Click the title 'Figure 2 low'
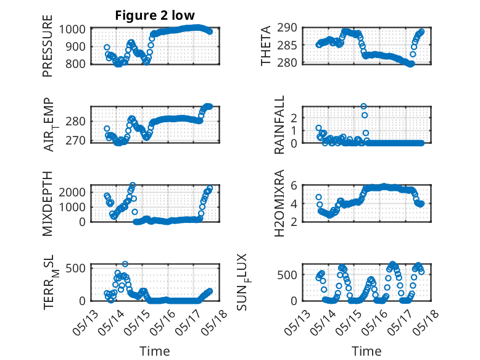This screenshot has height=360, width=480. click(155, 15)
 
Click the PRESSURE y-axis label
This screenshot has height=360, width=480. click(48, 46)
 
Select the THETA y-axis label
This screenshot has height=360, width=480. click(266, 46)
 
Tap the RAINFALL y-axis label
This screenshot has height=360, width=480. click(279, 125)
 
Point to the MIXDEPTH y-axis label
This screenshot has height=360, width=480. click(48, 203)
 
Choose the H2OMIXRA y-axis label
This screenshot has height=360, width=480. click(279, 203)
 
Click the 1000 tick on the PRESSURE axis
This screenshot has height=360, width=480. click(72, 30)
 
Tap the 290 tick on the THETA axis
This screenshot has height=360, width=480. click(287, 28)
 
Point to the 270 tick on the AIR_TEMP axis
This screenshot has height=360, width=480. click(75, 141)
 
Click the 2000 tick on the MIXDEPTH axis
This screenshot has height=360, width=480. click(72, 193)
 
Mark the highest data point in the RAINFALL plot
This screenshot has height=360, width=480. click(363, 106)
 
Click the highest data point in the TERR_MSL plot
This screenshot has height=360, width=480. click(125, 264)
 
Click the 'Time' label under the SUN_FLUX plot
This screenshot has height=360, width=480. click(366, 351)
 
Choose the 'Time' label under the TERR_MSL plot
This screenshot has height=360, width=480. click(155, 351)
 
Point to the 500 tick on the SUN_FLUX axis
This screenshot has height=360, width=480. click(287, 275)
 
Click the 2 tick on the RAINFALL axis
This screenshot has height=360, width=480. click(294, 118)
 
